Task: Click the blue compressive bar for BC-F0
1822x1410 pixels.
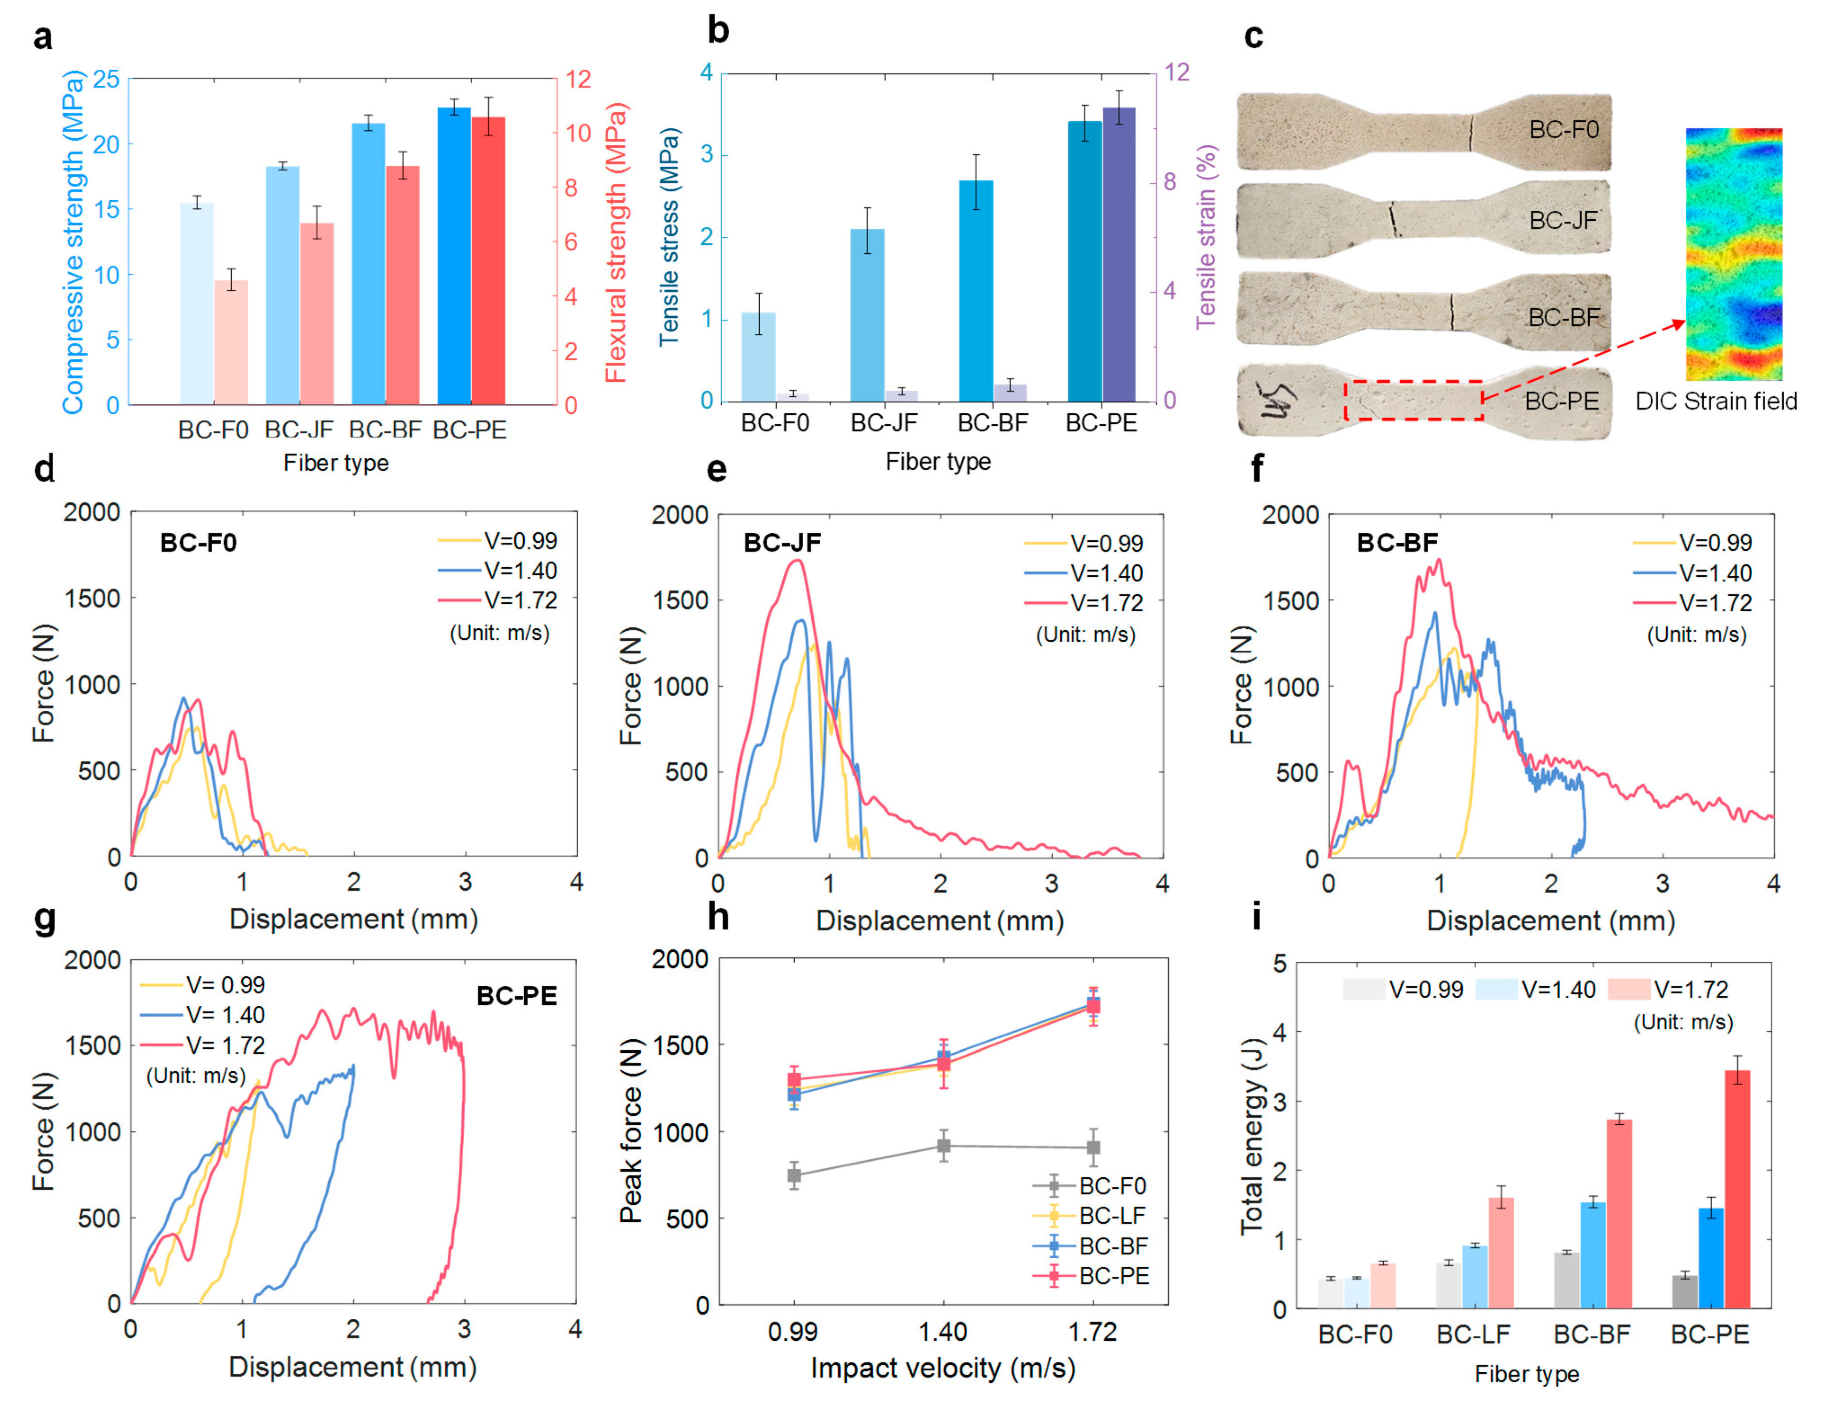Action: click(197, 304)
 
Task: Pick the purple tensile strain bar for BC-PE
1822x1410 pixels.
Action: click(1119, 255)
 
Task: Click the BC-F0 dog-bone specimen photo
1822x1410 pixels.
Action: click(1423, 132)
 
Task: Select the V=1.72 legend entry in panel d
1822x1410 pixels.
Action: click(498, 600)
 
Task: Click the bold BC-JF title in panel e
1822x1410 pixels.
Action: click(782, 543)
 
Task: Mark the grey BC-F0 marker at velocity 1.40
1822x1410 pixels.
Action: click(944, 1145)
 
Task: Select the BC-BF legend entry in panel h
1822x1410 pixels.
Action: click(1091, 1246)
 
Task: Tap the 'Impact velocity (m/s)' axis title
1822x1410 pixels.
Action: click(943, 1368)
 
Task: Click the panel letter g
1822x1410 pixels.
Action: click(44, 918)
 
